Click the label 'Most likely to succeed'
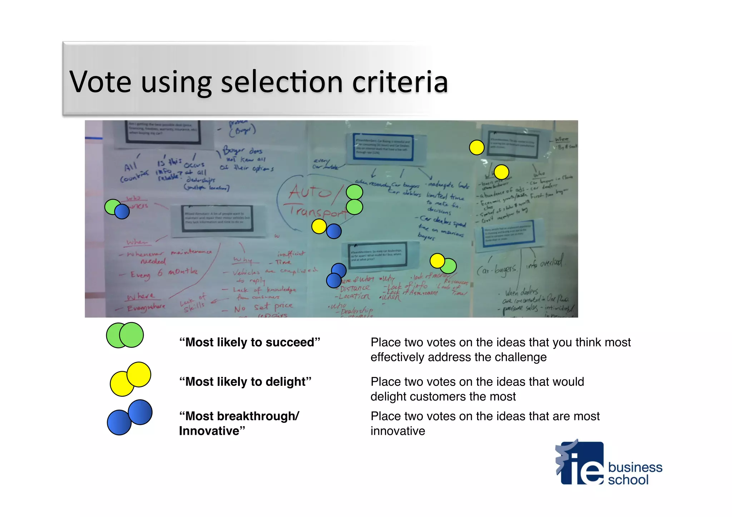249,342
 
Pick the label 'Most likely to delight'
245,382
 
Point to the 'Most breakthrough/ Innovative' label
239,423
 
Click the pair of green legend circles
125,335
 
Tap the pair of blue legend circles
129,417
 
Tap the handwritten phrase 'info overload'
544,264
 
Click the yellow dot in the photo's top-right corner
476,147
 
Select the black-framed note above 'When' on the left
217,218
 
